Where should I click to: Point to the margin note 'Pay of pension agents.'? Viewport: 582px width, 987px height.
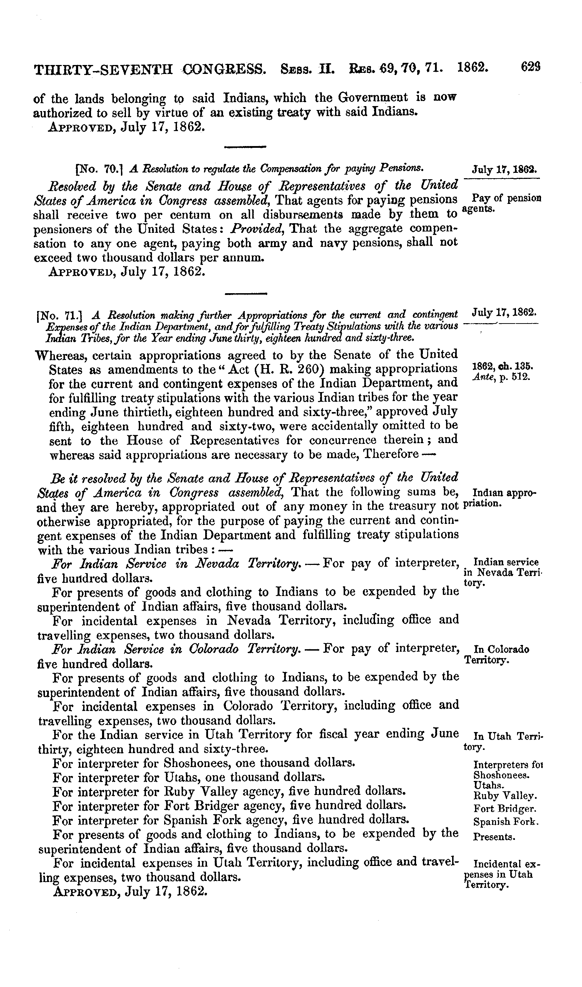click(x=502, y=203)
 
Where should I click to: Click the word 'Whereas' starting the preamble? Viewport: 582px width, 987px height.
click(x=60, y=355)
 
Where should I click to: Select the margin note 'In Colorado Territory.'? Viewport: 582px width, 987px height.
click(x=496, y=655)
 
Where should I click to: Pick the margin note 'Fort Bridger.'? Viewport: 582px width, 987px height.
click(x=505, y=809)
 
